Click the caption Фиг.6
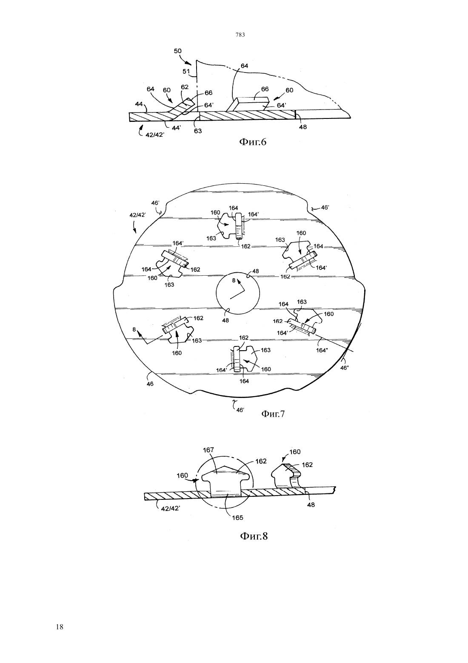[x=253, y=142]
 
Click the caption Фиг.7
[x=273, y=413]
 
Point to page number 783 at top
[x=240, y=35]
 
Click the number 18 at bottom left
[x=60, y=627]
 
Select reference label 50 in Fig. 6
[x=177, y=51]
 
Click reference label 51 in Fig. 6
[x=186, y=71]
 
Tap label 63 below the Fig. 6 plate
[x=198, y=130]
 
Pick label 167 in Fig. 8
[x=208, y=450]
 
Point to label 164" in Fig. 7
[x=322, y=350]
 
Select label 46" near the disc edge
[x=345, y=368]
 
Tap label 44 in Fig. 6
[x=139, y=104]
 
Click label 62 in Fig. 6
[x=185, y=87]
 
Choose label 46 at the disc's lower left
[x=150, y=383]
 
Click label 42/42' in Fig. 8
[x=171, y=508]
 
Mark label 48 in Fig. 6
[x=303, y=127]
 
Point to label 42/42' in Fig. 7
[x=138, y=215]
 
